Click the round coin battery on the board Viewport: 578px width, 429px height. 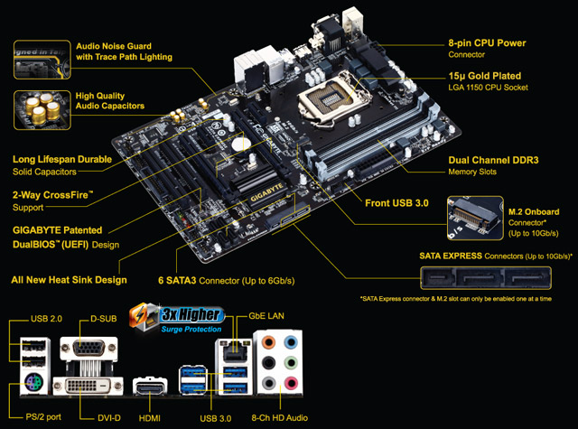pyautogui.click(x=239, y=143)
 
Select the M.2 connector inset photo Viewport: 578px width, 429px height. pyautogui.click(x=473, y=214)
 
